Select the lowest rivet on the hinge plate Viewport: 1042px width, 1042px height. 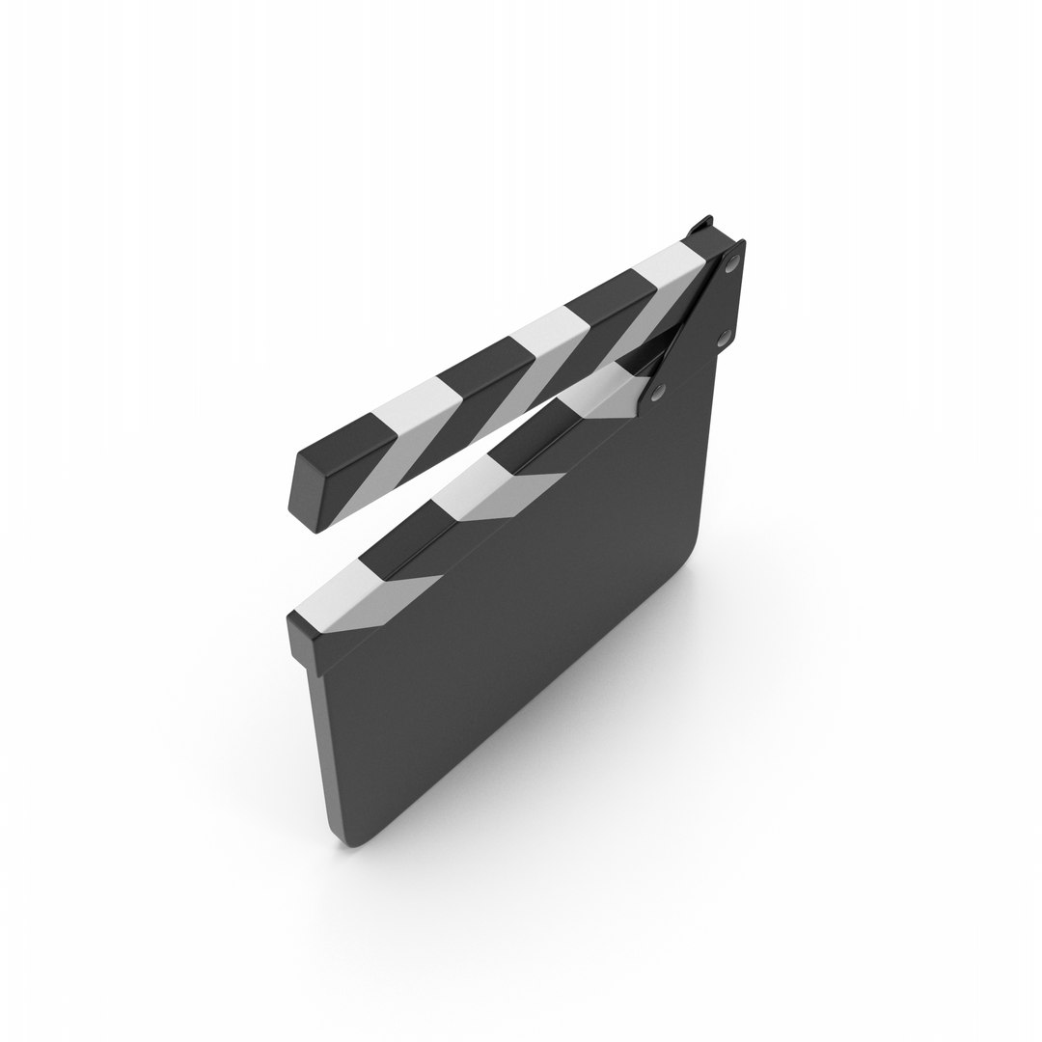pos(658,391)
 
